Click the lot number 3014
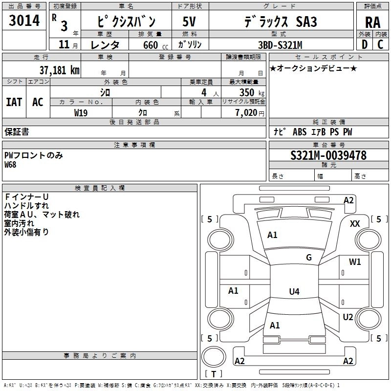24,20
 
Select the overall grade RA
373,22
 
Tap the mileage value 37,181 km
59,70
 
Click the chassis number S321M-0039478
328,155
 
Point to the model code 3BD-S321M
280,45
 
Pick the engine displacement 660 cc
155,45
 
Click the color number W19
81,113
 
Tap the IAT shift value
14,102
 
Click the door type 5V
189,22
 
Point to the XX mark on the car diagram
355,224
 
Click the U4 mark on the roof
294,291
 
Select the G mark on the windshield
309,258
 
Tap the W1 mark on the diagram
355,261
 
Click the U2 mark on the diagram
348,317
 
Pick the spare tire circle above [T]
214,356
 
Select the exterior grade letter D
365,44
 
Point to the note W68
10,165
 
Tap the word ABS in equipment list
300,132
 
